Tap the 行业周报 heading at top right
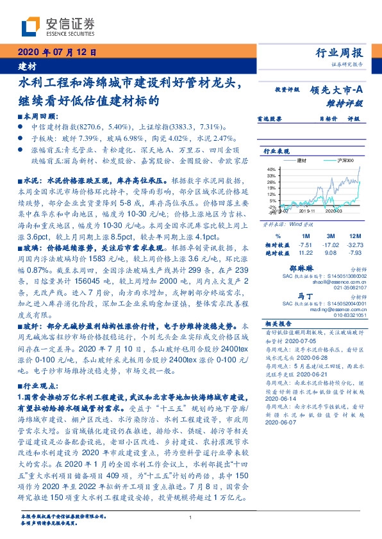click(x=340, y=52)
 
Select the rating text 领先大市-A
click(x=337, y=90)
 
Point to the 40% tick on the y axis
click(x=272, y=169)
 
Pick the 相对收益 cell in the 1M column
click(x=305, y=245)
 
